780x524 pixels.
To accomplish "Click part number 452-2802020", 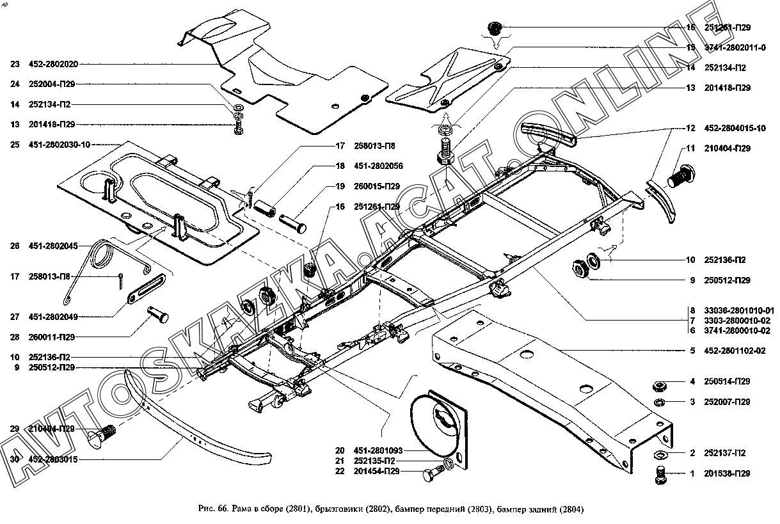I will (x=54, y=64).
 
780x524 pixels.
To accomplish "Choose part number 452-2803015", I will (x=54, y=459).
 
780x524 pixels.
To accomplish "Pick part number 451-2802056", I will (x=379, y=166).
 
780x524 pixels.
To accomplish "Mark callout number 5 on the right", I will (x=692, y=351).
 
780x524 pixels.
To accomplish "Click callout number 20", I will (x=339, y=450).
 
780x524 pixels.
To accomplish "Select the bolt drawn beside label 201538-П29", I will (x=660, y=475).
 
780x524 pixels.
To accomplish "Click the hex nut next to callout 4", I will (x=660, y=385).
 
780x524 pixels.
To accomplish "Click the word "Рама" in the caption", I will (x=243, y=509).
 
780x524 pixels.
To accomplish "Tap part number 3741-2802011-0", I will (x=729, y=47).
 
